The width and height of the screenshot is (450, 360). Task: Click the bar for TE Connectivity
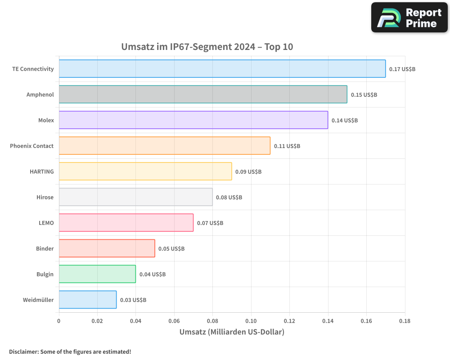click(x=222, y=69)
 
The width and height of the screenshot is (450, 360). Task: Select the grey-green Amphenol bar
click(x=202, y=94)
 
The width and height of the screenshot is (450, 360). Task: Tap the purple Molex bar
click(x=193, y=120)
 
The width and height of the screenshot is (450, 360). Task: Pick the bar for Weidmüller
click(x=87, y=300)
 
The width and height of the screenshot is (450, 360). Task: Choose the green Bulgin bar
click(x=97, y=274)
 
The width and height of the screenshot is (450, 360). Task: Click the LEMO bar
click(x=126, y=223)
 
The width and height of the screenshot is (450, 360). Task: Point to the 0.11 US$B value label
click(x=287, y=146)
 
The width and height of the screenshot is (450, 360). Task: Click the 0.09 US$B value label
click(x=248, y=172)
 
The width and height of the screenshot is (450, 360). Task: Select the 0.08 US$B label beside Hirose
click(x=229, y=198)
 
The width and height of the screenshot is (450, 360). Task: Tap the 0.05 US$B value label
click(x=171, y=249)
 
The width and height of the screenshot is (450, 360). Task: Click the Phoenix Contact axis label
click(x=31, y=146)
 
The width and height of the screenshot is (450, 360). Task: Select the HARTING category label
click(x=41, y=171)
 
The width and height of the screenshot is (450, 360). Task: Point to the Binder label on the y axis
click(x=45, y=248)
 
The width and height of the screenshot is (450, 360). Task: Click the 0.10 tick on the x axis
click(x=251, y=321)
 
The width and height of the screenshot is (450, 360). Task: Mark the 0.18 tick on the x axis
click(x=405, y=321)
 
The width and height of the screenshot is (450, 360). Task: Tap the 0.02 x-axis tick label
click(x=97, y=321)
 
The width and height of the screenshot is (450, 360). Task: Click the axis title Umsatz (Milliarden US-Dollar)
click(x=232, y=332)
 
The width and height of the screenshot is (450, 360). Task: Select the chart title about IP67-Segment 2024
click(x=207, y=47)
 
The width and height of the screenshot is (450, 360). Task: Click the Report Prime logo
click(x=409, y=18)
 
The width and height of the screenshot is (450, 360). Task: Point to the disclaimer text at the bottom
click(x=70, y=351)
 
